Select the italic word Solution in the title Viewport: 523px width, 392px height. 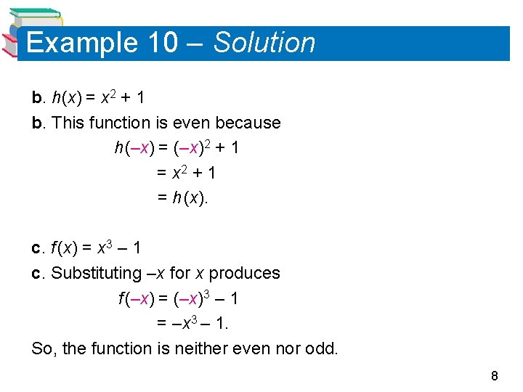tap(264, 43)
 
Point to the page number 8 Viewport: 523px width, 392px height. tap(495, 375)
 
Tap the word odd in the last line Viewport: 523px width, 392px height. tap(322, 348)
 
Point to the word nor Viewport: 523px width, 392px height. tap(288, 348)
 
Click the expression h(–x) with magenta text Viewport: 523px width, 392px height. tap(133, 148)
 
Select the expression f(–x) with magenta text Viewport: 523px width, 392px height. tap(136, 298)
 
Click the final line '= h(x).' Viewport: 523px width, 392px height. tap(182, 198)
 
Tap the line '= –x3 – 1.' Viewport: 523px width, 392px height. tap(192, 324)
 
